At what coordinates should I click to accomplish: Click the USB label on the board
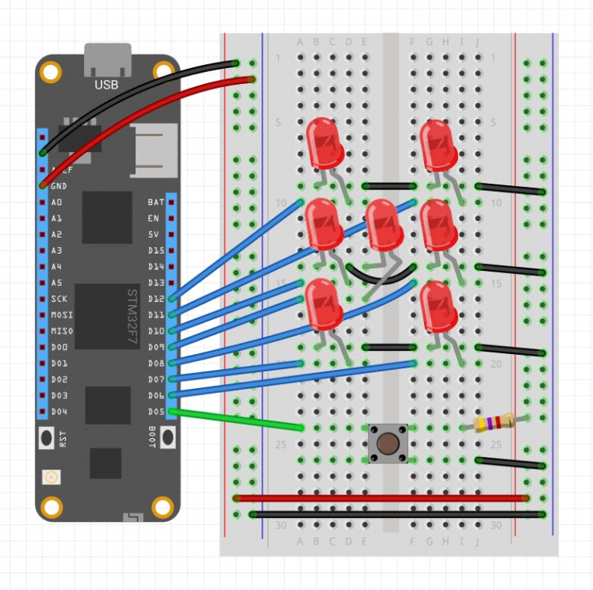[x=107, y=84]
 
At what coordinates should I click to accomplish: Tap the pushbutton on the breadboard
[x=388, y=443]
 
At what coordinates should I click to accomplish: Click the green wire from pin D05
[x=238, y=419]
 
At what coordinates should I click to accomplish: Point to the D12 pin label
[x=156, y=299]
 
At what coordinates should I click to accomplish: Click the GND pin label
[x=59, y=186]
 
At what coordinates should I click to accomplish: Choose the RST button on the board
[x=47, y=437]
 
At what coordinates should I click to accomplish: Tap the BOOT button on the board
[x=167, y=437]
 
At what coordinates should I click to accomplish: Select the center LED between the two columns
[x=384, y=223]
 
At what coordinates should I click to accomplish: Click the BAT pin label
[x=156, y=202]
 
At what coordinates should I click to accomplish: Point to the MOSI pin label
[x=61, y=314]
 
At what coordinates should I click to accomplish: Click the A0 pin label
[x=56, y=202]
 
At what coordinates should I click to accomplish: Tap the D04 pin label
[x=59, y=411]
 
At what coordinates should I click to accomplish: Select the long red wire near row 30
[x=381, y=498]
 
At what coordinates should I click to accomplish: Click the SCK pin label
[x=59, y=299]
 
